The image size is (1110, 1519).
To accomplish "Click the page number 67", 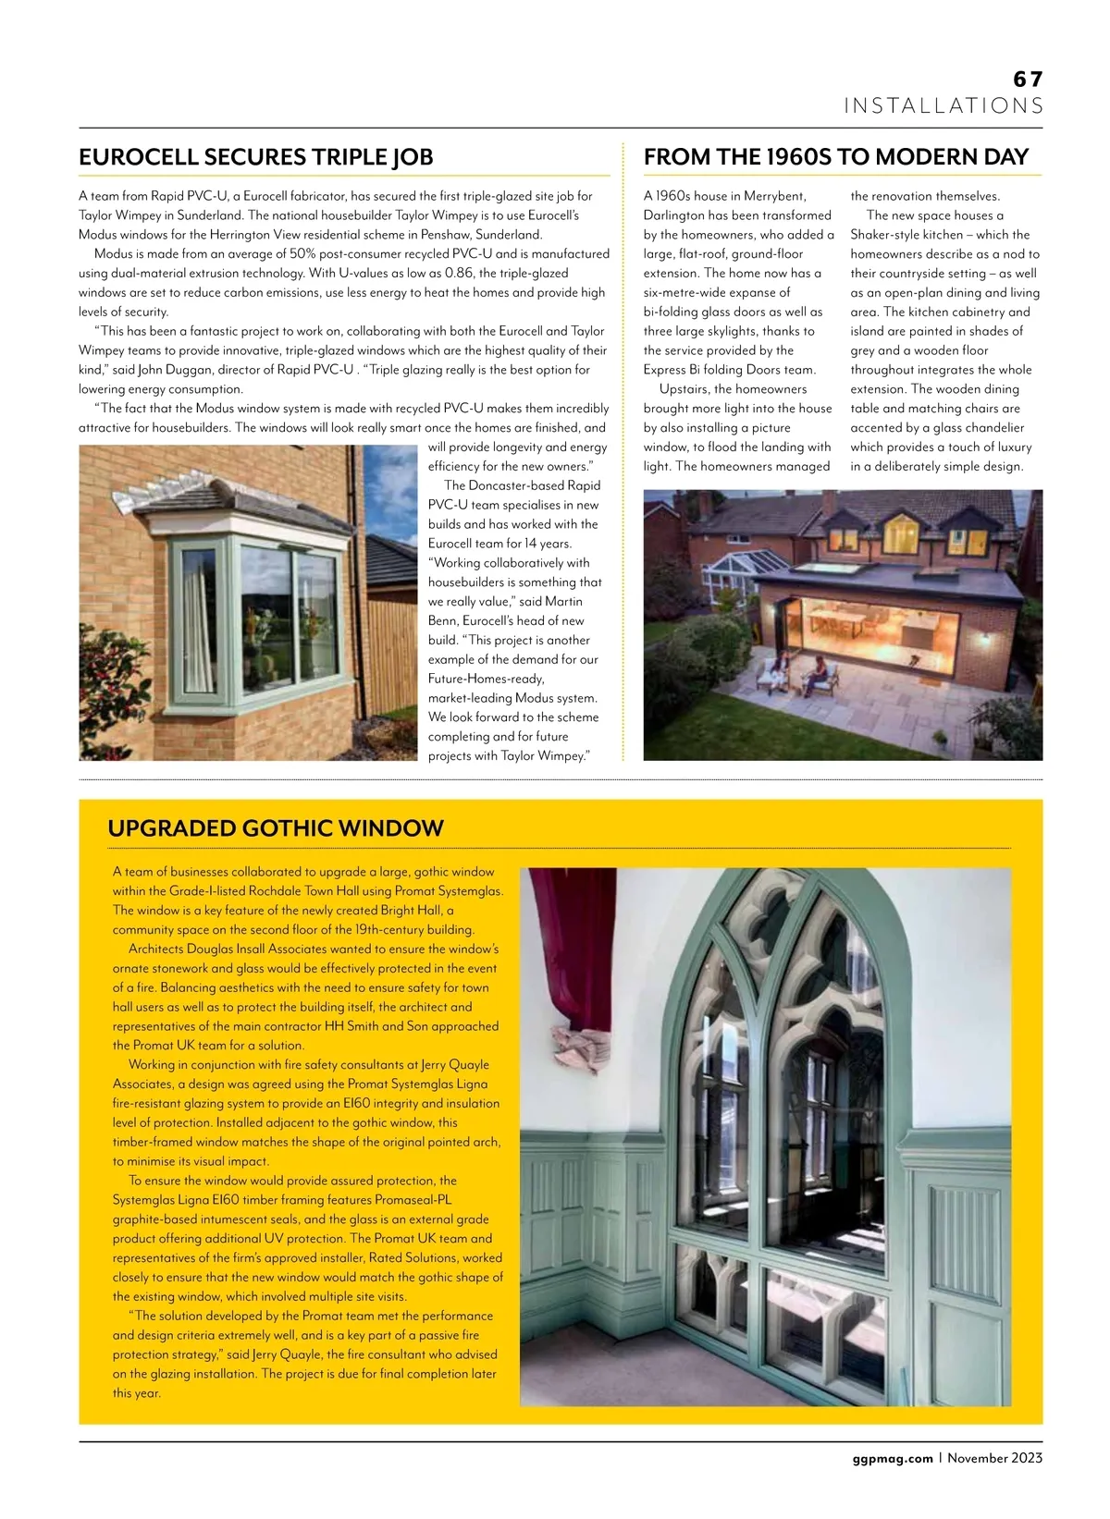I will (x=1028, y=80).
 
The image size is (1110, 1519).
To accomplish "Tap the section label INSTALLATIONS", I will (x=943, y=106).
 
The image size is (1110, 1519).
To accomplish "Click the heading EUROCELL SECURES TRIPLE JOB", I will (x=256, y=157).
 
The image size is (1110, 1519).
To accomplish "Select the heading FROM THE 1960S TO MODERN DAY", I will (x=836, y=157).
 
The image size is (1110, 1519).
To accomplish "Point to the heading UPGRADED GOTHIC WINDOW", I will (x=276, y=828).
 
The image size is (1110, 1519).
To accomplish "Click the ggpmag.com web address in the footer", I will (x=892, y=1458).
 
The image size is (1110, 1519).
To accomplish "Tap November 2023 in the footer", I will (x=994, y=1458).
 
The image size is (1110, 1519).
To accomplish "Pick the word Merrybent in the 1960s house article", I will (x=775, y=196).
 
